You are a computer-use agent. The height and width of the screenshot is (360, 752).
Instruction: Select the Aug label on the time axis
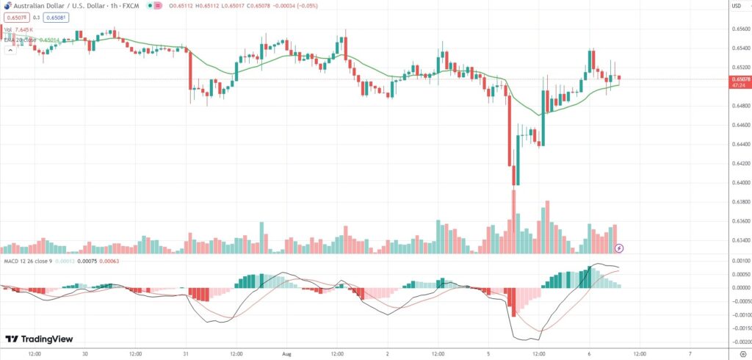(288, 353)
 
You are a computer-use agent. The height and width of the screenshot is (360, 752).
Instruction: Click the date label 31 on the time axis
(185, 353)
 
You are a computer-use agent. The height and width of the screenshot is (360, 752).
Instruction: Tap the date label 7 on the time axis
(690, 353)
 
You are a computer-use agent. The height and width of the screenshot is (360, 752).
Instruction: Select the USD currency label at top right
(736, 6)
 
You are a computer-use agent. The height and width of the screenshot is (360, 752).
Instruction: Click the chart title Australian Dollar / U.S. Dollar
(55, 6)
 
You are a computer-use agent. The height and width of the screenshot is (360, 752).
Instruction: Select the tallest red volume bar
(513, 220)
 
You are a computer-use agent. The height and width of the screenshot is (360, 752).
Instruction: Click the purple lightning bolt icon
(619, 248)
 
